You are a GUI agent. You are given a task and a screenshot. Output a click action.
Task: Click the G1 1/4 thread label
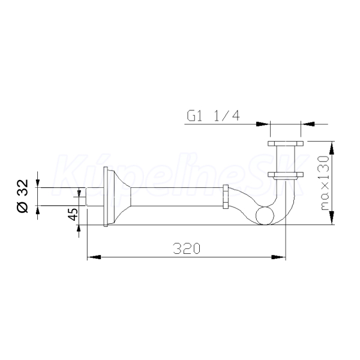[x=213, y=116]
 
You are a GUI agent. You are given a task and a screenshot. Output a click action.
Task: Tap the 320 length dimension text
[x=187, y=248]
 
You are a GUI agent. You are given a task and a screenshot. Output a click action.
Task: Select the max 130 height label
[x=325, y=183]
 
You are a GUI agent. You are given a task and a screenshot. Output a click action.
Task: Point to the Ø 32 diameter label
[x=23, y=196]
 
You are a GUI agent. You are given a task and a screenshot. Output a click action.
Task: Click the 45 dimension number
[x=73, y=214]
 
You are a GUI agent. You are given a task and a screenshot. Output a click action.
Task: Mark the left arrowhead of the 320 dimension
[x=94, y=257]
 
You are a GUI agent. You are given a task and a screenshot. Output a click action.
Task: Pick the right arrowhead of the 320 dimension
[x=278, y=257]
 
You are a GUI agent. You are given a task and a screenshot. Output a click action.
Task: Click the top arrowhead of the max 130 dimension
[x=332, y=149]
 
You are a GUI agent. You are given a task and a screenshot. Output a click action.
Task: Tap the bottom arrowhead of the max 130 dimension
[x=332, y=218]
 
